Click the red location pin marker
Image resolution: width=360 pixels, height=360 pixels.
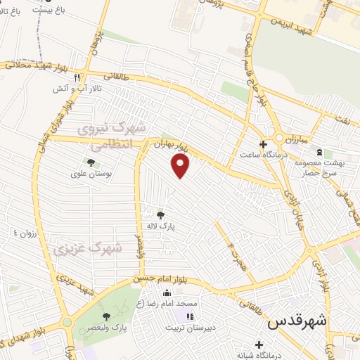click(181, 167)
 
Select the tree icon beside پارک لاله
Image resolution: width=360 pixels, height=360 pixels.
click(161, 215)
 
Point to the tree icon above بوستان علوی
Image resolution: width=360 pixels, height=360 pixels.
click(91, 162)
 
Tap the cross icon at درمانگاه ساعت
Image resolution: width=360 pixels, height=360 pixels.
click(264, 145)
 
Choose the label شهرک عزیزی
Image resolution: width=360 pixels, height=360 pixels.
click(86, 248)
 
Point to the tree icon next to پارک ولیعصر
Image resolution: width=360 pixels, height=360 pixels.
click(106, 316)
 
